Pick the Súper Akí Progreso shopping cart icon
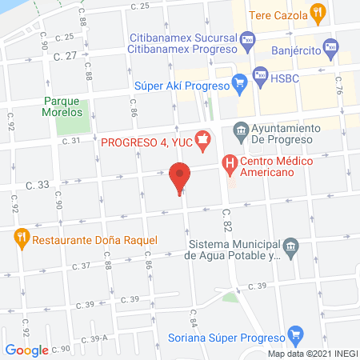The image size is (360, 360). pos(238,81)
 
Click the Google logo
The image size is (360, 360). pos(27,350)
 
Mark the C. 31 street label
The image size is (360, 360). pos(71,142)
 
